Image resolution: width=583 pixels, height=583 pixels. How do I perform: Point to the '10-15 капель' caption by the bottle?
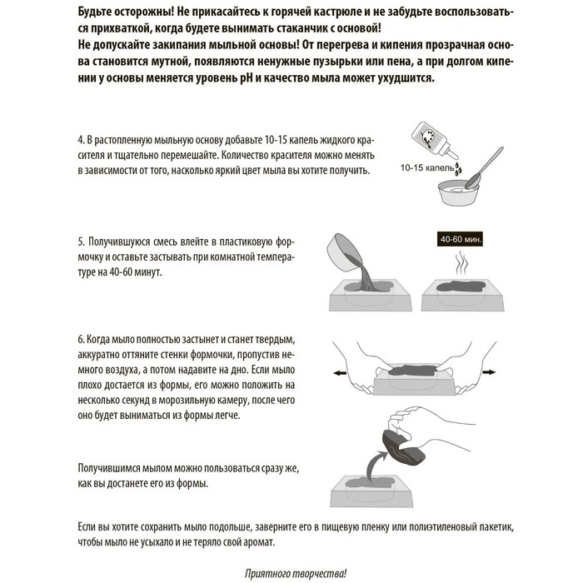tap(426, 167)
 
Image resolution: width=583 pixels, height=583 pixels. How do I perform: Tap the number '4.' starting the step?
tap(82, 139)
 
